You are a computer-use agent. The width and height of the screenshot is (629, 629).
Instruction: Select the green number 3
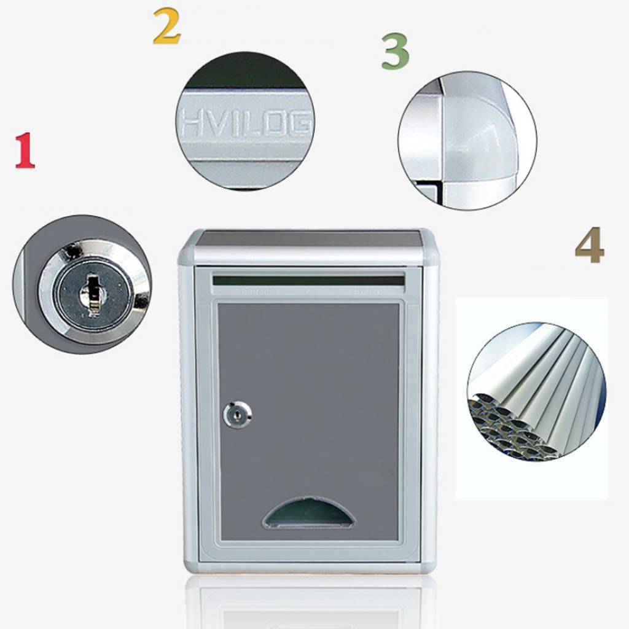click(x=395, y=52)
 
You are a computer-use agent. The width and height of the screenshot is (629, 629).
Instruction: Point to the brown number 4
click(x=589, y=246)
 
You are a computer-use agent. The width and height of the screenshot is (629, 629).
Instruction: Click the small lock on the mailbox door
click(x=236, y=415)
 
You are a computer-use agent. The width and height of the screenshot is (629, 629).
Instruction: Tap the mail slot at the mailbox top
click(x=308, y=281)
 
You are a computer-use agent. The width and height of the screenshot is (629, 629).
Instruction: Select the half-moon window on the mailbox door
click(x=308, y=515)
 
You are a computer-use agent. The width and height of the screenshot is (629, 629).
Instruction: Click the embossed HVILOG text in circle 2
click(x=246, y=125)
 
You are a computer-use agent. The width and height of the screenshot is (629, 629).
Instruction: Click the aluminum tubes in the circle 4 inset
click(x=541, y=381)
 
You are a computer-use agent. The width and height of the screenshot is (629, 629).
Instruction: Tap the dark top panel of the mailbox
click(x=308, y=238)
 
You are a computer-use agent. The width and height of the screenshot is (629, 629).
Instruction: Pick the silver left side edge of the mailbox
click(x=188, y=412)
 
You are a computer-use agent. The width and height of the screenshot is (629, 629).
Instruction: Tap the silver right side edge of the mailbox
click(x=429, y=412)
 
